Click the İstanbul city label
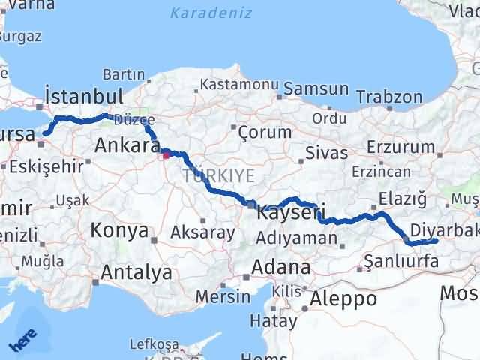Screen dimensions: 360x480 83,96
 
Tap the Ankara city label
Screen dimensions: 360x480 124,146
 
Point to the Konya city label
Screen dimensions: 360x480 119,231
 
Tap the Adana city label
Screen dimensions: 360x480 281,267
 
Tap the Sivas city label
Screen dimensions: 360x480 326,154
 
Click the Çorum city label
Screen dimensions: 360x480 264,132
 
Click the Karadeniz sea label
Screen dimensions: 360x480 211,13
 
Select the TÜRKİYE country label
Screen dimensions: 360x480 218,176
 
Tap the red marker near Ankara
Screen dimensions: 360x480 166,156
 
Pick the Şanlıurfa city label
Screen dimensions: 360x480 400,262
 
